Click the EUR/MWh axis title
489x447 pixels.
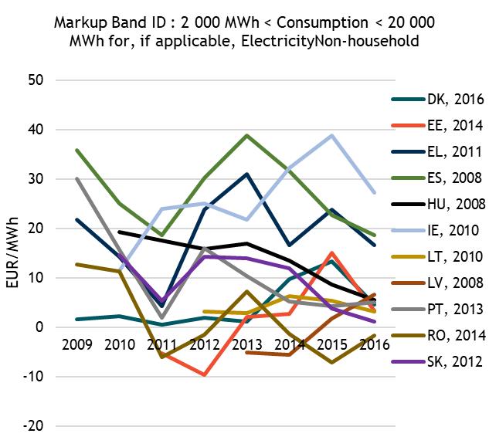tap(13, 252)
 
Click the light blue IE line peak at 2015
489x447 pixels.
tap(332, 136)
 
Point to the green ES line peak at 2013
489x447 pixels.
tap(246, 136)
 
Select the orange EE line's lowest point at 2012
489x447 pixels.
tap(202, 374)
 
